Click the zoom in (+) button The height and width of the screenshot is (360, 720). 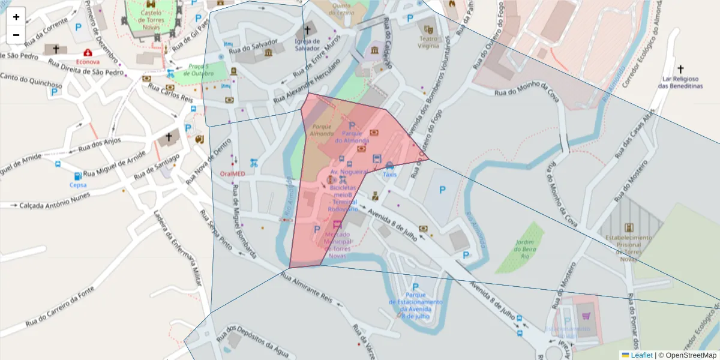[16, 17]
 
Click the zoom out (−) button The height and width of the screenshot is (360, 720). [16, 35]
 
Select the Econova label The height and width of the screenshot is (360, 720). [88, 61]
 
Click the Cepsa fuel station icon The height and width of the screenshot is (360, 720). [78, 176]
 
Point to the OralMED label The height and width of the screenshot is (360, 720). [233, 173]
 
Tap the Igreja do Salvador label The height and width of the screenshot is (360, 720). [308, 45]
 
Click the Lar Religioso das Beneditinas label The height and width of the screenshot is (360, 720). [680, 82]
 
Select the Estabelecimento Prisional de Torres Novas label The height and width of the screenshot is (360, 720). [629, 248]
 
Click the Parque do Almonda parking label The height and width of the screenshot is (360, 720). [352, 136]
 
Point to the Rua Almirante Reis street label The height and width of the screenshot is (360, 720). [307, 289]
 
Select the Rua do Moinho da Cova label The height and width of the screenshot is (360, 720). [526, 92]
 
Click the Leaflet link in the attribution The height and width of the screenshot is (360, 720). [641, 355]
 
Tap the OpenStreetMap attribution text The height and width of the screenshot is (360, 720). [691, 355]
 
